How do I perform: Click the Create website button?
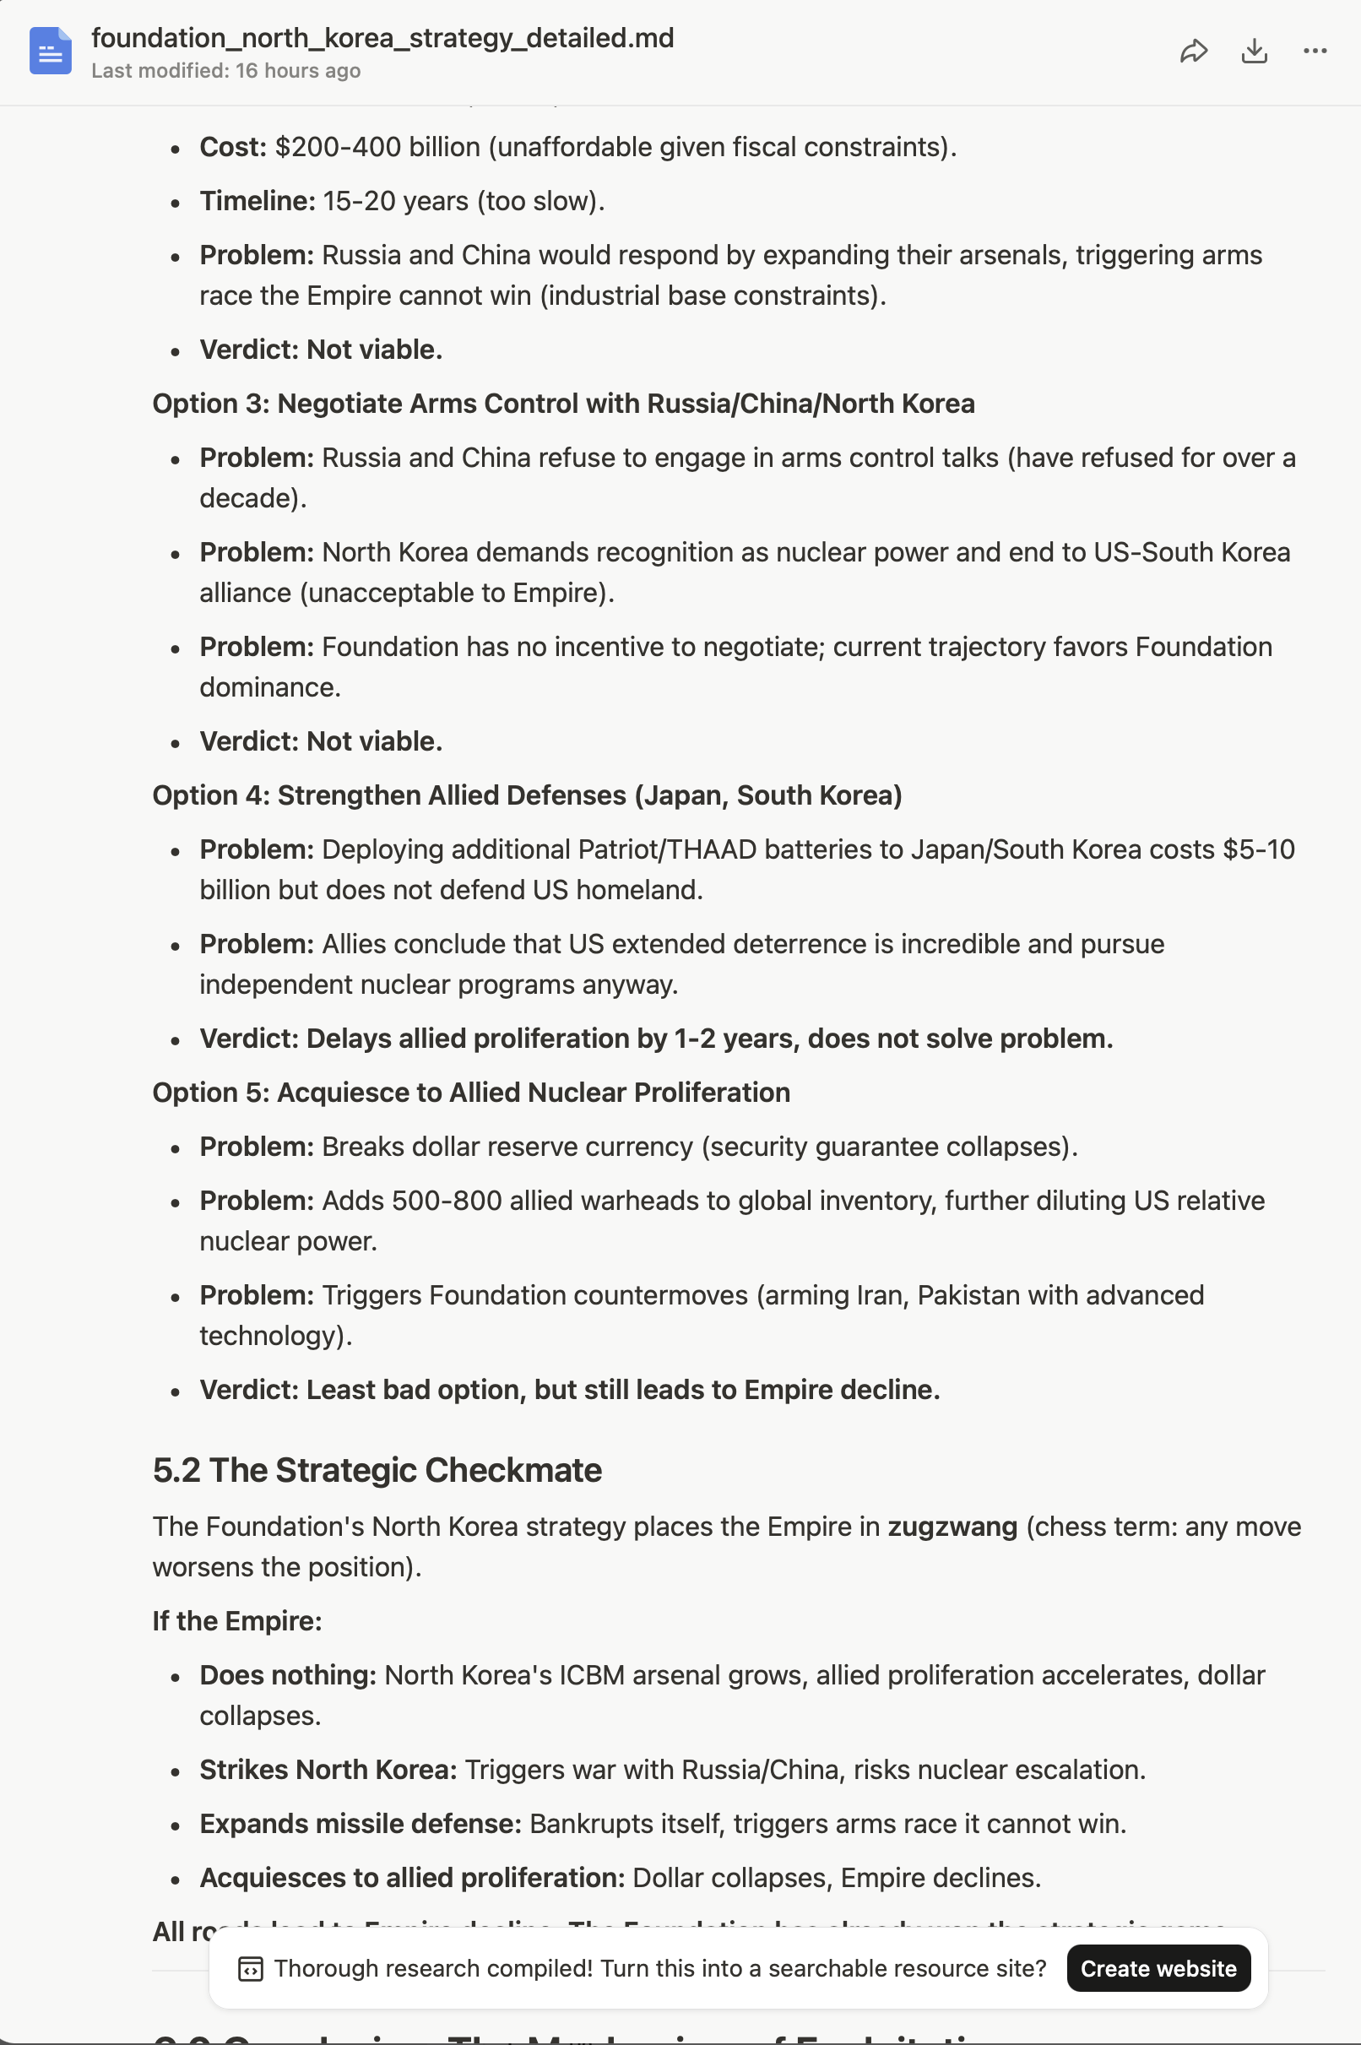point(1158,1968)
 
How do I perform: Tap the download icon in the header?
point(1255,52)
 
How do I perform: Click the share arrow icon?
point(1194,52)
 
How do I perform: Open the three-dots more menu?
point(1315,52)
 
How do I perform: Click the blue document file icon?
point(51,52)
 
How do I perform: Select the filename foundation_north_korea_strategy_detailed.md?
point(382,38)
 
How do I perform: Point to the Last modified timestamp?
point(225,71)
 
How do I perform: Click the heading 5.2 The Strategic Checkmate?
point(377,1469)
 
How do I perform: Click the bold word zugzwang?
point(952,1526)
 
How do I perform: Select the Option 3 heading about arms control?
point(563,404)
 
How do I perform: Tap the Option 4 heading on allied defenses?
point(527,795)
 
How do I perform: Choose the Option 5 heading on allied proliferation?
point(471,1092)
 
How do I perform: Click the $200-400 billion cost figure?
point(377,147)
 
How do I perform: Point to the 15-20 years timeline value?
point(395,200)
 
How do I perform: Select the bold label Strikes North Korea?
point(328,1769)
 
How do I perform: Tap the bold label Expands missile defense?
point(361,1823)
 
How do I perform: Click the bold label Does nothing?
point(287,1674)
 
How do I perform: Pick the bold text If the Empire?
point(237,1620)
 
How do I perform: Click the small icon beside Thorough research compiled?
point(250,1969)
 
